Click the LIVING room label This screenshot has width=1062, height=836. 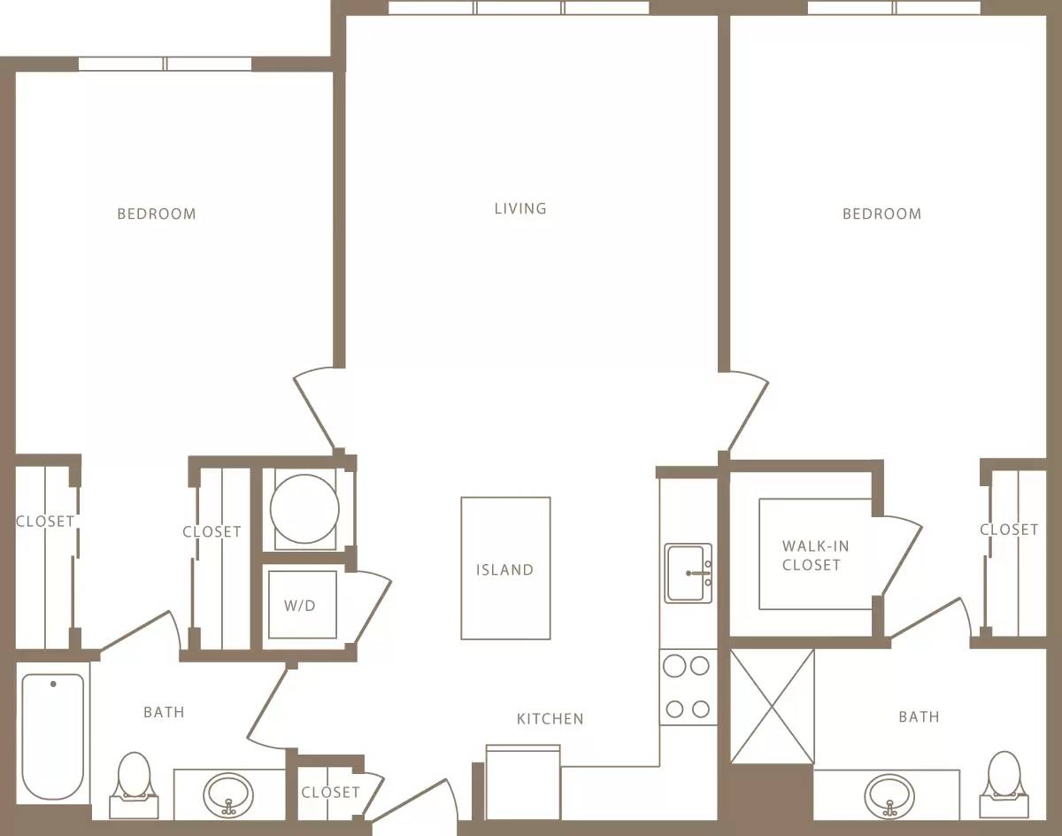[520, 209]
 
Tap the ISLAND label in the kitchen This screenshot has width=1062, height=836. [504, 569]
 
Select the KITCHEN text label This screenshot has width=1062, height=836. [550, 719]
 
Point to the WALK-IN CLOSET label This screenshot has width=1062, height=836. [811, 556]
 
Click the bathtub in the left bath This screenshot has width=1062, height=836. [53, 735]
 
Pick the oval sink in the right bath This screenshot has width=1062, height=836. [889, 794]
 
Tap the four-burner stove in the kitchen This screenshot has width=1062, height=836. [688, 686]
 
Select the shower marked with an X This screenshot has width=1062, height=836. [772, 706]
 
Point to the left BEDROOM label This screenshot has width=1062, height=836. [157, 214]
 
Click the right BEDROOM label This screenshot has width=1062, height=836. [881, 214]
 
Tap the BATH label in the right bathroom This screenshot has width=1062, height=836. [919, 717]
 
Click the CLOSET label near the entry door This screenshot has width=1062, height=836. [330, 793]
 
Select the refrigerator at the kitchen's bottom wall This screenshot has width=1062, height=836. [523, 783]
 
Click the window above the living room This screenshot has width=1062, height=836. [519, 8]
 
